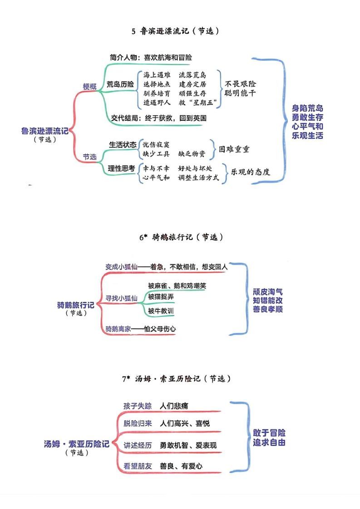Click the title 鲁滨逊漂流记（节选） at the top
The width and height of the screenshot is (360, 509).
[175, 31]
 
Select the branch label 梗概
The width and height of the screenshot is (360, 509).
[90, 86]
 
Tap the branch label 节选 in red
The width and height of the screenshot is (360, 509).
[89, 157]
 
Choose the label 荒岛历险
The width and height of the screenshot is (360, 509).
[120, 84]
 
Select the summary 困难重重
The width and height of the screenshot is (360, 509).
[234, 149]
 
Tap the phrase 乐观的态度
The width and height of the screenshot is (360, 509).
[251, 172]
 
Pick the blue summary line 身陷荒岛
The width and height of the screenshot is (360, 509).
[308, 108]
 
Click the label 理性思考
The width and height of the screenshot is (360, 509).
[122, 168]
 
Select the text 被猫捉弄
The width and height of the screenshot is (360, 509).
[161, 297]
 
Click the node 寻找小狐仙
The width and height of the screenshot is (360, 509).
[122, 298]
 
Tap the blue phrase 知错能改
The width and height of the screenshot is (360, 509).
[269, 300]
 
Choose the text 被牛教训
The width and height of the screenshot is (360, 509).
[161, 311]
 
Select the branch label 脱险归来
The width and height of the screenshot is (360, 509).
[138, 423]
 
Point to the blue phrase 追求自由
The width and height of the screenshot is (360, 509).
[269, 442]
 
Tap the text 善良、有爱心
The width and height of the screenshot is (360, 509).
[181, 465]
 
